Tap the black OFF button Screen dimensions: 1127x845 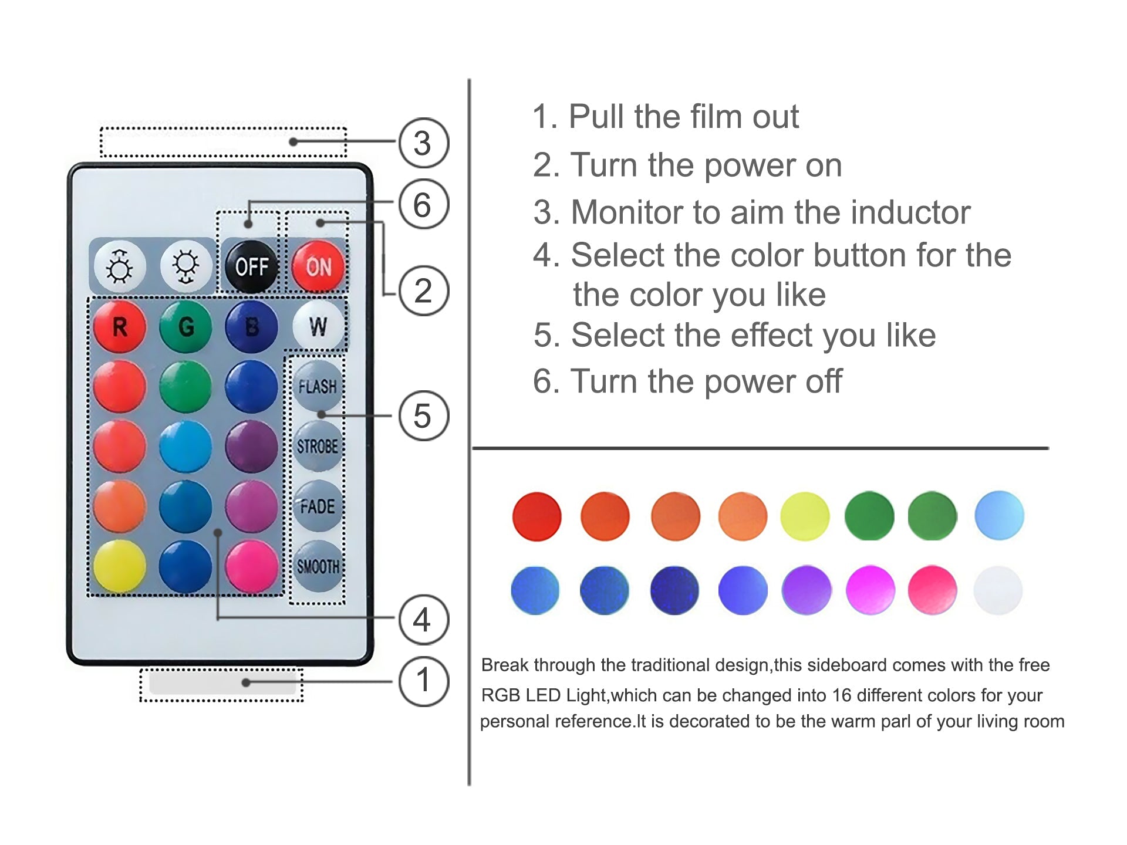252,266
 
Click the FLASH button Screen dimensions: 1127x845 318,386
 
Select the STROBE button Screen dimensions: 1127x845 318,446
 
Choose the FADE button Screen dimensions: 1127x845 318,506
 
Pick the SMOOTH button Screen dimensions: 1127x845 318,566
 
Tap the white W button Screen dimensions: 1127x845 318,326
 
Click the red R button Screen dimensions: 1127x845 120,326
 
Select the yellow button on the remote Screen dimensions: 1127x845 120,566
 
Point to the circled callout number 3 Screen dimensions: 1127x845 423,143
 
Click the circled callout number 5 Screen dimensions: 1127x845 423,416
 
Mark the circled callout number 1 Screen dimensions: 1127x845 423,681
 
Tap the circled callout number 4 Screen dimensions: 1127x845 423,620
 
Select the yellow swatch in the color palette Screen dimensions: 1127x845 805,516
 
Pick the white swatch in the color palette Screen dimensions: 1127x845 998,590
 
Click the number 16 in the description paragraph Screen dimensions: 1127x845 842,695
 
